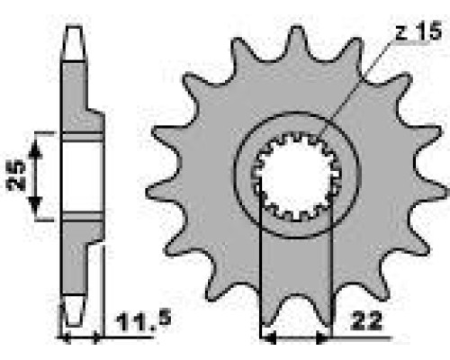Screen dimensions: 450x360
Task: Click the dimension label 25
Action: point(15,175)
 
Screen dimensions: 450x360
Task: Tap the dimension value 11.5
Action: point(144,321)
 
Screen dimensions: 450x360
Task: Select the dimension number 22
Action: point(367,321)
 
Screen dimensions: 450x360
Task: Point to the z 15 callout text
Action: point(418,31)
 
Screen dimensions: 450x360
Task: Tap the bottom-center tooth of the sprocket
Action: point(296,312)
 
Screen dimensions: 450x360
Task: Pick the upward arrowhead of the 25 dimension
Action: point(35,149)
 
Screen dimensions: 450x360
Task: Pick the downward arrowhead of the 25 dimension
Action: point(35,204)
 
